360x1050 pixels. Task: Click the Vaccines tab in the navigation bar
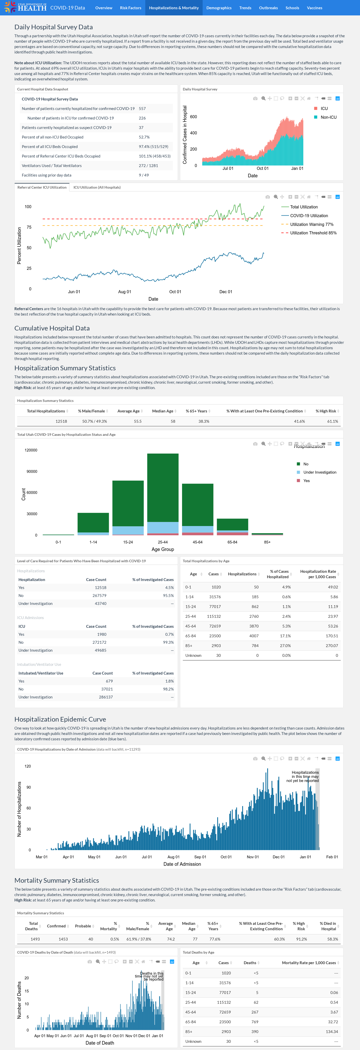[x=314, y=8]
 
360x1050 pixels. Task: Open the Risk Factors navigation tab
[x=130, y=8]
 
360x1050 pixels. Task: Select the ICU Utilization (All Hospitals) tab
[x=97, y=188]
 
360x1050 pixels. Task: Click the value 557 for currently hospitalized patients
[x=142, y=109]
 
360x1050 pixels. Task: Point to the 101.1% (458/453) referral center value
[x=155, y=156]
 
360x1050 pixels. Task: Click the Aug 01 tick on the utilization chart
[x=125, y=292]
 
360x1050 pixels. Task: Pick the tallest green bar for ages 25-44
[x=163, y=487]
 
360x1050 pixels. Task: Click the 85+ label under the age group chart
[x=267, y=542]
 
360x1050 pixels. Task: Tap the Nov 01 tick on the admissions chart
[x=253, y=857]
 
